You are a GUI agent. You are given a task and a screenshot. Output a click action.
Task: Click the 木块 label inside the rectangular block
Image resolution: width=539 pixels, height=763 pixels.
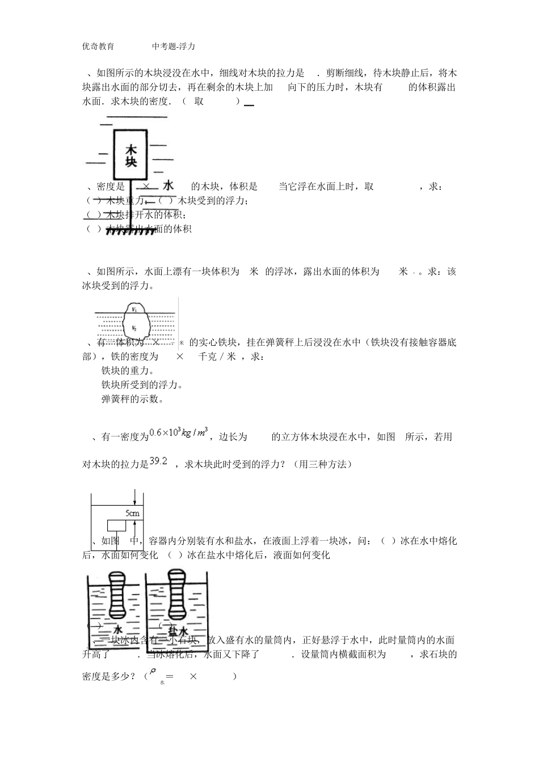[131, 156]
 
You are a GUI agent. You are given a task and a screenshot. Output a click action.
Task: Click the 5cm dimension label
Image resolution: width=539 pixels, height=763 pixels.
[132, 514]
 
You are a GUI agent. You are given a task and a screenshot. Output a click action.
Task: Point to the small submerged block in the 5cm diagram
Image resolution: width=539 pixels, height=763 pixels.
[117, 525]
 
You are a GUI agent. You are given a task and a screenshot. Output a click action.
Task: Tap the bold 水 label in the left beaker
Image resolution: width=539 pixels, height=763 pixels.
[118, 631]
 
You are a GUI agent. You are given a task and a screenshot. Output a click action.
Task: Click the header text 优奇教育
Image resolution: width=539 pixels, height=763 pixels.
[98, 46]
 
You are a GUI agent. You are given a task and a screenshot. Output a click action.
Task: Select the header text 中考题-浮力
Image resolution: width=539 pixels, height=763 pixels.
[174, 46]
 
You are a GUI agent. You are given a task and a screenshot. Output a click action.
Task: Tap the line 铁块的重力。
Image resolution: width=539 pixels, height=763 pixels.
[128, 371]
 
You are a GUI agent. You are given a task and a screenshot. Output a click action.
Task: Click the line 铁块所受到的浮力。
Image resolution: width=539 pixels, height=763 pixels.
[142, 385]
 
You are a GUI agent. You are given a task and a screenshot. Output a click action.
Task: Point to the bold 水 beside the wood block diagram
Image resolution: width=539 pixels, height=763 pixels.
[169, 185]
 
